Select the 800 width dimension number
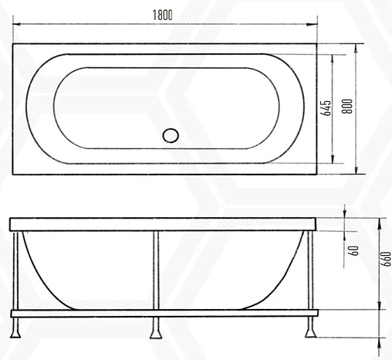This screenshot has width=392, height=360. [x=348, y=109]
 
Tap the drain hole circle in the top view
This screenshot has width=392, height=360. [x=171, y=135]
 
